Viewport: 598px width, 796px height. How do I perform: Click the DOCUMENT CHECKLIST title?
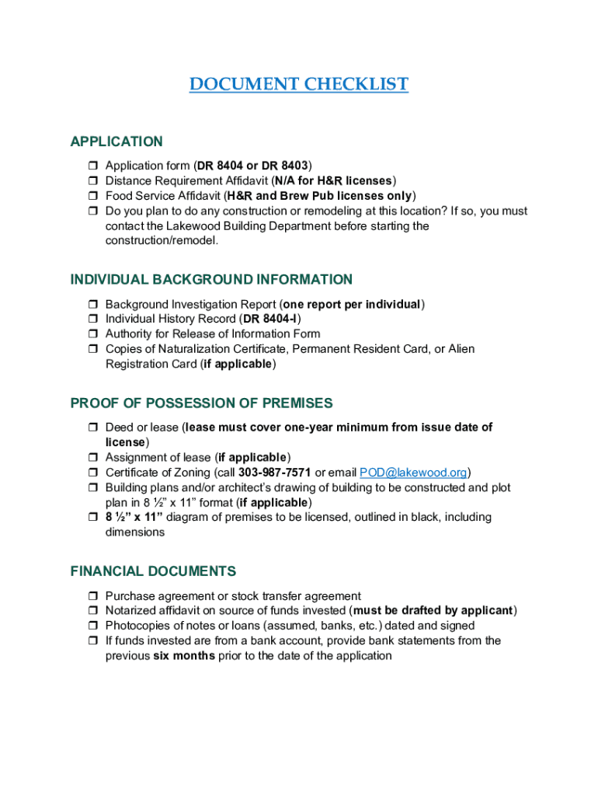click(x=299, y=84)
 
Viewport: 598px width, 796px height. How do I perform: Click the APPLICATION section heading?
click(x=116, y=141)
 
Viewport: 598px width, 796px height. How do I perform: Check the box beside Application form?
click(x=91, y=166)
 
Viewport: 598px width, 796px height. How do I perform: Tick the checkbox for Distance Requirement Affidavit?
click(x=91, y=181)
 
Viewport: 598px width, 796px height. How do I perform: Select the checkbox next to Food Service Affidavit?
click(x=91, y=196)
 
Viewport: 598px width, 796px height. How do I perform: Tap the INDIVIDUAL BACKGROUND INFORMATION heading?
click(x=211, y=280)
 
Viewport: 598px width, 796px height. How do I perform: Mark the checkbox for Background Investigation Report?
click(x=91, y=305)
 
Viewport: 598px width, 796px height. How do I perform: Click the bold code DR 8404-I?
click(x=271, y=319)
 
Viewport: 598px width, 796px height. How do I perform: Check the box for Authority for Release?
click(x=91, y=334)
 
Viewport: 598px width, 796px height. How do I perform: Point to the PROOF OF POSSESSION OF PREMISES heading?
click(x=201, y=403)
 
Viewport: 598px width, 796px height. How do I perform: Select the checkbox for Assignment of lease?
click(x=91, y=458)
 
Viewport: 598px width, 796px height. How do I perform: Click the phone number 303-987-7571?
click(x=275, y=473)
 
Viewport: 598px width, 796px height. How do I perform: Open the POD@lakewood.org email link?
click(x=412, y=473)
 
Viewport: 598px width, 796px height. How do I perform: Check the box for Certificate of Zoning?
click(x=91, y=473)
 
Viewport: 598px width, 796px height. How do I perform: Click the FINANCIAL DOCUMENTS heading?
click(x=153, y=571)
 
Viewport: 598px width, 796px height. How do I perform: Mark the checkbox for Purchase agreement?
click(x=91, y=596)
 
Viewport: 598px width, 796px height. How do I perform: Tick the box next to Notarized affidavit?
click(x=91, y=611)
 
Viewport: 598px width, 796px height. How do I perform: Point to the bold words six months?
click(x=183, y=655)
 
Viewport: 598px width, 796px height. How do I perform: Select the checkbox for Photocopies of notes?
click(x=91, y=626)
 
